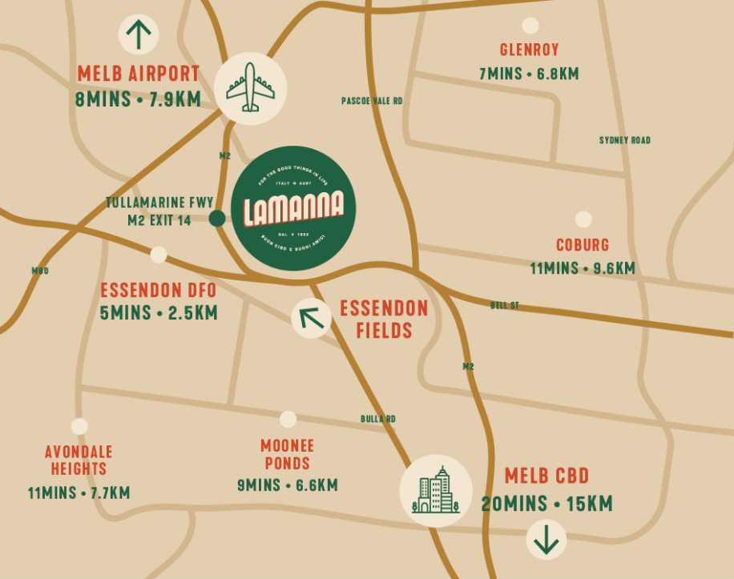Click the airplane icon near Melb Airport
[x=251, y=88]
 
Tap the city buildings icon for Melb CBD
[x=436, y=491]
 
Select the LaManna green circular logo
[x=293, y=208]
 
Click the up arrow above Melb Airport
[x=139, y=34]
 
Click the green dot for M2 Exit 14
[x=216, y=219]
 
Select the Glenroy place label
[x=529, y=50]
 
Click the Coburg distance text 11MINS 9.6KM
[x=583, y=268]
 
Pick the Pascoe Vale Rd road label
[x=372, y=102]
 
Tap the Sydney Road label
[x=625, y=141]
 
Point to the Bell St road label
[x=505, y=306]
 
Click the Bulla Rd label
[x=377, y=419]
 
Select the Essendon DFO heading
[x=158, y=290]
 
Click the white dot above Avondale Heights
[x=79, y=427]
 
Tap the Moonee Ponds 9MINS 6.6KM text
[x=287, y=486]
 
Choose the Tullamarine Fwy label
[x=159, y=203]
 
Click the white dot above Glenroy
[x=530, y=25]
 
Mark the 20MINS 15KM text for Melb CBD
[x=546, y=505]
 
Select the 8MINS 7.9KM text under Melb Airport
[x=138, y=100]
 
